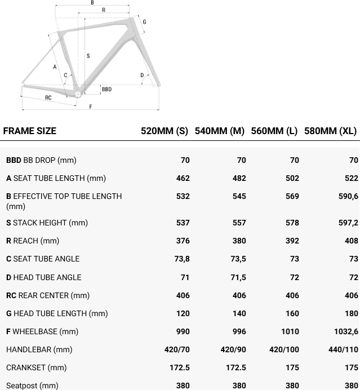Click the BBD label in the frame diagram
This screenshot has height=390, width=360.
106,89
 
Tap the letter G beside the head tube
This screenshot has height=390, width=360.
145,22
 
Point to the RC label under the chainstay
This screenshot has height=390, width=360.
48,97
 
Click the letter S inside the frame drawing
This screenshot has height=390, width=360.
88,56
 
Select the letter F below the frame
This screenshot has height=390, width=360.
91,107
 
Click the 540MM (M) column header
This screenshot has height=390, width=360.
219,131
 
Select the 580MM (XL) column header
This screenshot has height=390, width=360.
330,131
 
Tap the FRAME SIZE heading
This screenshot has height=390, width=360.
30,131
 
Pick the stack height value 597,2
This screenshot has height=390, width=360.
348,223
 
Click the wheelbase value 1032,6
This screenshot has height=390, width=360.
346,331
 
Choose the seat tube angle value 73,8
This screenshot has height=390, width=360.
182,259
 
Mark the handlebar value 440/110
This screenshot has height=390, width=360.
343,349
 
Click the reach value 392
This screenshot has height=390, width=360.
292,241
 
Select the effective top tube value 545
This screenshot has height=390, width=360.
239,196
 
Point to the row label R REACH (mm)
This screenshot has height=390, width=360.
33,241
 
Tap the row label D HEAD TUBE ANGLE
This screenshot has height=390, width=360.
44,277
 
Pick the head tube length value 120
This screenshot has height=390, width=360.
183,313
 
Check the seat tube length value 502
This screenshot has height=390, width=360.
292,178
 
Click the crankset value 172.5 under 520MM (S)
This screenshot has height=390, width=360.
178,367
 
